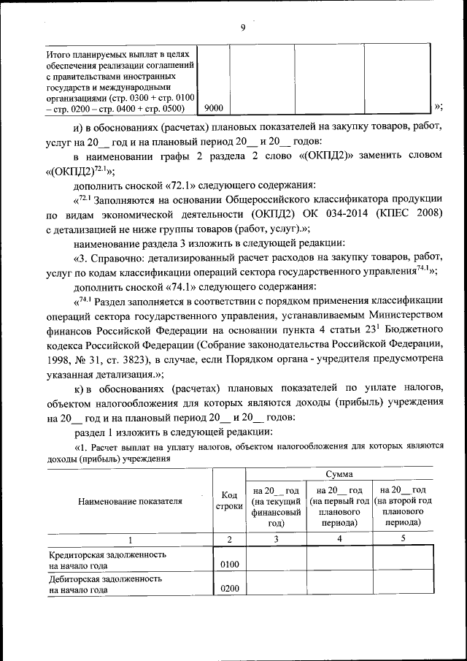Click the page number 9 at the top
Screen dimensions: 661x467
click(x=243, y=28)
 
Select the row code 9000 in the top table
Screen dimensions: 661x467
click(x=214, y=108)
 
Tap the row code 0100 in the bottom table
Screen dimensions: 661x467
click(x=229, y=565)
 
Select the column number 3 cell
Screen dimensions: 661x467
click(x=276, y=539)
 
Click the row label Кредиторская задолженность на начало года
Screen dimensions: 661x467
click(x=107, y=559)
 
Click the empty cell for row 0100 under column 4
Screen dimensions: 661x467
click(x=339, y=559)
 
